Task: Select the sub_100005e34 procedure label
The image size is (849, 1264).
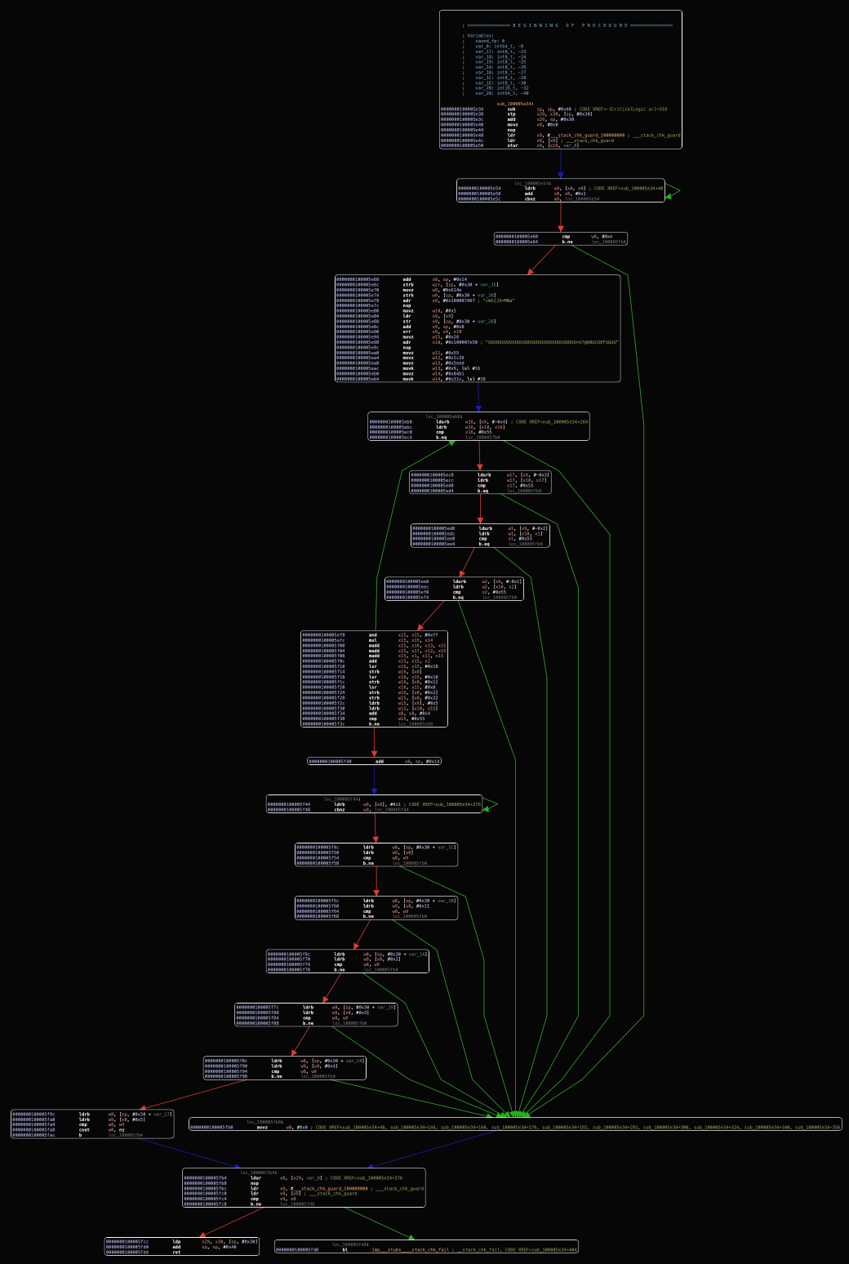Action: click(514, 104)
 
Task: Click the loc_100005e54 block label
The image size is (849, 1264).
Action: click(532, 183)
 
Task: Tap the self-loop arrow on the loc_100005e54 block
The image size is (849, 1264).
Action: click(674, 192)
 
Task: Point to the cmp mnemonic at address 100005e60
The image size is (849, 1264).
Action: click(566, 237)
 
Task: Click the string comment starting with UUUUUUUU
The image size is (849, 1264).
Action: click(552, 342)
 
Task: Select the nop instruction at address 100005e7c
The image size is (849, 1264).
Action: click(406, 305)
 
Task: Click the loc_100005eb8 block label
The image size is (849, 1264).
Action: click(443, 416)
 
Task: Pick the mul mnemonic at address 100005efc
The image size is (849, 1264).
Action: click(372, 640)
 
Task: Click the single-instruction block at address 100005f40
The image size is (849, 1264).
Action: click(374, 761)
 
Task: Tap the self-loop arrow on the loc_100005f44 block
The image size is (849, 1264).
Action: click(491, 805)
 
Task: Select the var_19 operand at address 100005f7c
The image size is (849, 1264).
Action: click(386, 1008)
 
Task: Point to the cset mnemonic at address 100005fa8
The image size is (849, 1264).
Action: click(84, 1129)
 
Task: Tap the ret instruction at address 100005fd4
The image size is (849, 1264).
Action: click(176, 1252)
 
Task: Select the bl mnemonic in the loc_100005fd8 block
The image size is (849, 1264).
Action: click(344, 1249)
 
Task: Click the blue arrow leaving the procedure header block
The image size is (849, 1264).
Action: click(560, 164)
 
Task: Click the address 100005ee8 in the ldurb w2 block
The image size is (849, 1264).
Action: click(407, 581)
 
